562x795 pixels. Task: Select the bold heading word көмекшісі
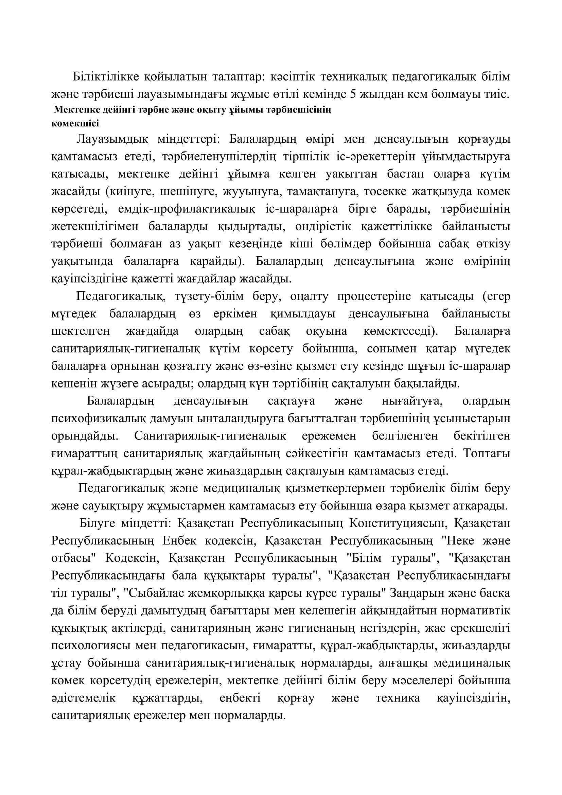point(75,123)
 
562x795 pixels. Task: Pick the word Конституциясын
point(397,523)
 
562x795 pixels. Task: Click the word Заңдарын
point(411,593)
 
